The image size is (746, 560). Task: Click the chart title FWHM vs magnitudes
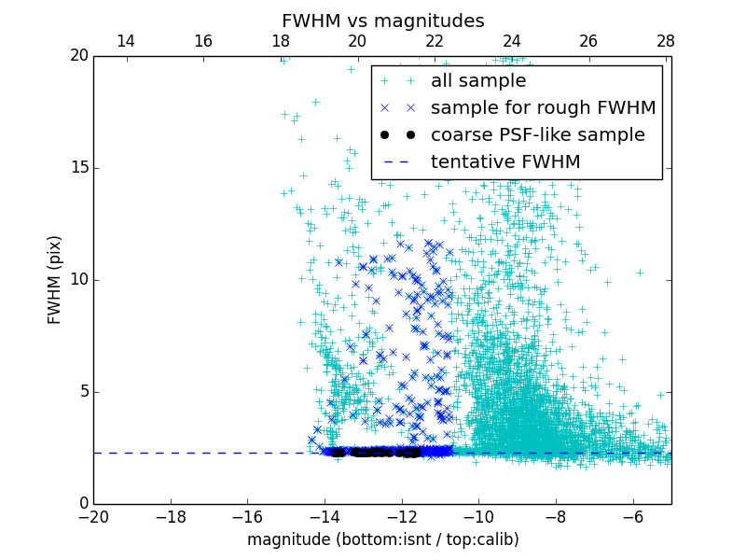coord(382,21)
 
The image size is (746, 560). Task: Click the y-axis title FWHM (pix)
coord(55,279)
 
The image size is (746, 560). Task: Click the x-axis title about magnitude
coord(382,539)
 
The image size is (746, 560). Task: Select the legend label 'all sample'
coord(477,81)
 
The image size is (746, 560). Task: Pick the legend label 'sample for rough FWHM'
coord(543,108)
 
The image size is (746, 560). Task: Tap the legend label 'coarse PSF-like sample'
coord(537,135)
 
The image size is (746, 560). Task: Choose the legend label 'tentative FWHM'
coord(504,162)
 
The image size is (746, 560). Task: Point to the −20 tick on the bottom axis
coord(93,516)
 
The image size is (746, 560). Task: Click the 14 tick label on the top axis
coord(125,41)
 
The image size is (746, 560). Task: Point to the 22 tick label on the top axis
coord(435,41)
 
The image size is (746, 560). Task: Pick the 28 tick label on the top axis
coord(666,41)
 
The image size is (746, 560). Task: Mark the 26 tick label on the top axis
coord(588,41)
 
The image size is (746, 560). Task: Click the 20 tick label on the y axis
coord(78,56)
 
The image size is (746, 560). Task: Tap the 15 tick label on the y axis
coord(78,168)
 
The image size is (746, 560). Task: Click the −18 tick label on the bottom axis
coord(170,516)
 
